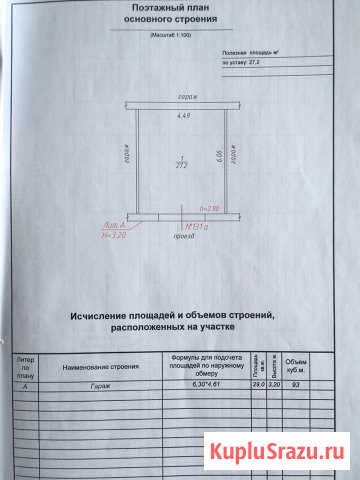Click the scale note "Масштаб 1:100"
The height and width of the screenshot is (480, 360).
(179, 35)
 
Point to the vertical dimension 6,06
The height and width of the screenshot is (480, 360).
(219, 158)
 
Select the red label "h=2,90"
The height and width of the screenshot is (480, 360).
(209, 208)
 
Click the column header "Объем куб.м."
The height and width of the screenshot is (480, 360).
(297, 364)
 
